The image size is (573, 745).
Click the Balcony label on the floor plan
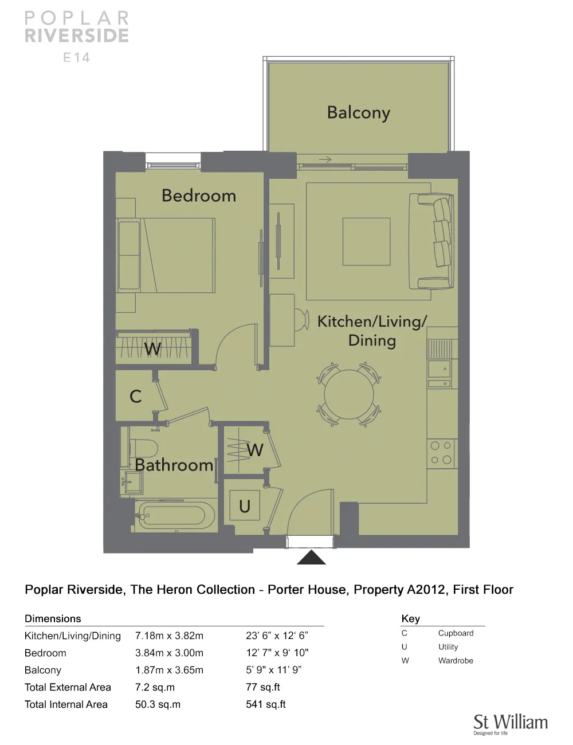coord(359,113)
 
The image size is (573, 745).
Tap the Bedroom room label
coord(199,195)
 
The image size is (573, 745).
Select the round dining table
coord(349,394)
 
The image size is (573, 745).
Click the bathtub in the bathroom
coord(175,515)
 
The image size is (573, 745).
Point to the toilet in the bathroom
coord(144,448)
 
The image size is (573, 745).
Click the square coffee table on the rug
coord(366,241)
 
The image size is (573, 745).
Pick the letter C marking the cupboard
coord(135,397)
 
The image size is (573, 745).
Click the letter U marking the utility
coord(245,506)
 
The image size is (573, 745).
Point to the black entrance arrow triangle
coord(311,557)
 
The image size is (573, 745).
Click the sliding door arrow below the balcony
coord(325,159)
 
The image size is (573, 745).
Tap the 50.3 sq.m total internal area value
coord(158,704)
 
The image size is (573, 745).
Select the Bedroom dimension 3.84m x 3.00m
coord(169,653)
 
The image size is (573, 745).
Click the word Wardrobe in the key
coord(456,660)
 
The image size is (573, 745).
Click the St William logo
coord(511,725)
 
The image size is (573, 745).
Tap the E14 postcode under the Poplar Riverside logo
coord(76,57)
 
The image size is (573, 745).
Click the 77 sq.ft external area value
coord(263,687)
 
